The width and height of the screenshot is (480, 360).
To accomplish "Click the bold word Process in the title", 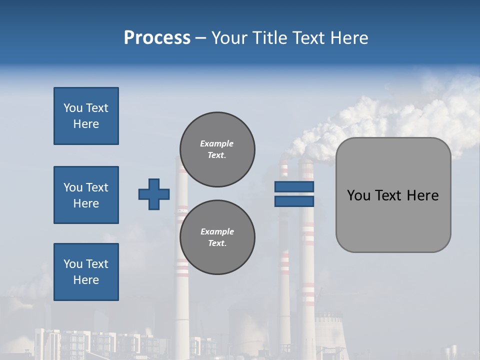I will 157,38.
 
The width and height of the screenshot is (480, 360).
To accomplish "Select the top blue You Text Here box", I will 86,116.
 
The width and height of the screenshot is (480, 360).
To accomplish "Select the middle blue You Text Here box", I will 86,195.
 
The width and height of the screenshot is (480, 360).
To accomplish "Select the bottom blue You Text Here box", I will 86,272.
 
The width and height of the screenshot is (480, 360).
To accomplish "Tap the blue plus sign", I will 154,194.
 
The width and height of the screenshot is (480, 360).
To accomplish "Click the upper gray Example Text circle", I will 217,149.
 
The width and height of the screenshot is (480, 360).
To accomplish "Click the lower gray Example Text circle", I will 217,237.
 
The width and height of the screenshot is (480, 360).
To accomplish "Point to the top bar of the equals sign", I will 294,186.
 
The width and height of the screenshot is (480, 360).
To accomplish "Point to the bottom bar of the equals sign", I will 294,201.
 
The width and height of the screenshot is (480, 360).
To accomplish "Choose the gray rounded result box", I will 393,220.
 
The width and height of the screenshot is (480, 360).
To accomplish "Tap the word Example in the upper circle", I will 216,143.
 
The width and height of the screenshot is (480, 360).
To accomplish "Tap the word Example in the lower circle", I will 217,231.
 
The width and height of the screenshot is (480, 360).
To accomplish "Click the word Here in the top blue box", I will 86,124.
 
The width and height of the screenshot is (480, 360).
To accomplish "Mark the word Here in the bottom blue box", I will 86,280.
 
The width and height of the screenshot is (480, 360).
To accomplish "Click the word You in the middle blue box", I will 72,187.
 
